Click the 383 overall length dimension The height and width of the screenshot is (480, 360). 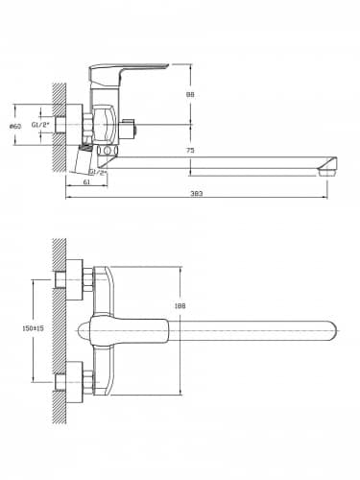(x=197, y=193)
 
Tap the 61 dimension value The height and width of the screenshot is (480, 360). (x=86, y=181)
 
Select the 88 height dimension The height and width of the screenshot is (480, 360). (x=190, y=94)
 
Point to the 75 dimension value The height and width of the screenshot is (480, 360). (x=190, y=150)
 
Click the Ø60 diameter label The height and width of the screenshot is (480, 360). (x=15, y=126)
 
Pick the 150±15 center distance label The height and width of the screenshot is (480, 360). (x=34, y=328)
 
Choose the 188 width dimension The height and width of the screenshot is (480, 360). (x=180, y=306)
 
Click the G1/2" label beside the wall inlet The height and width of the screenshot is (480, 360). (x=40, y=125)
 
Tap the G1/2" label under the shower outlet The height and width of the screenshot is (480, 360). (x=99, y=172)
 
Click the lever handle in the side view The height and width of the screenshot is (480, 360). (x=125, y=71)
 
